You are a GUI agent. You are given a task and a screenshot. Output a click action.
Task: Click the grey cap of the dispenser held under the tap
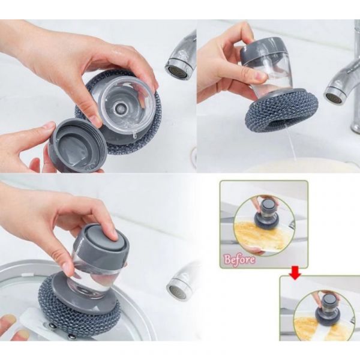263,50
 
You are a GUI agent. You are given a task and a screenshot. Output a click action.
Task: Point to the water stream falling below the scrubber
292,147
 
